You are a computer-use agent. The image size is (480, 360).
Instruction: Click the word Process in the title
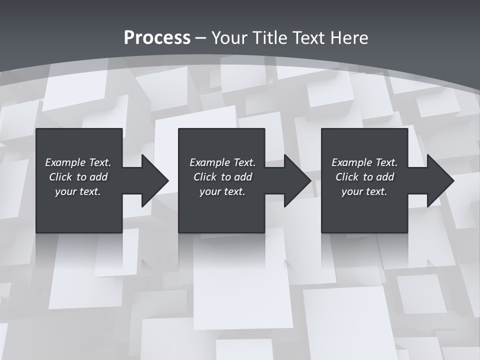click(157, 37)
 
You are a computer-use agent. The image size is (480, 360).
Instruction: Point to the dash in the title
click(201, 38)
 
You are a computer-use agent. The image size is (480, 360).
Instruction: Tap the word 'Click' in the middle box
click(205, 177)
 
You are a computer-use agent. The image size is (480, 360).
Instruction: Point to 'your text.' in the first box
click(78, 191)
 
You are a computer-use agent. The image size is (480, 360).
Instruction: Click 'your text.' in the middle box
click(222, 191)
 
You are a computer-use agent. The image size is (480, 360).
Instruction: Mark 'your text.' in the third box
click(364, 191)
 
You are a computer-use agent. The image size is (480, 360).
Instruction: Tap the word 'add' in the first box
click(98, 177)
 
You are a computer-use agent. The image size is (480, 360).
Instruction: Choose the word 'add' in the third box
click(385, 177)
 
